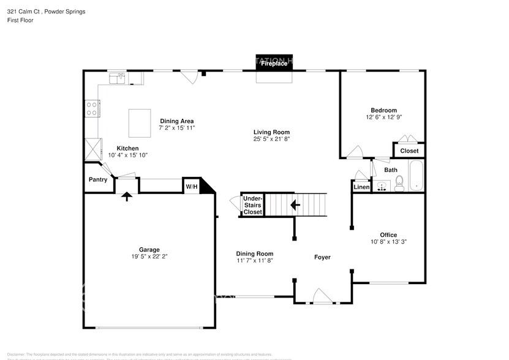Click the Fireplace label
(x=274, y=63)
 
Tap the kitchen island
(x=140, y=123)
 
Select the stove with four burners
(x=91, y=109)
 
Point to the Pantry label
(x=98, y=179)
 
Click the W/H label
(x=190, y=186)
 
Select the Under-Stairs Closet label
(x=252, y=205)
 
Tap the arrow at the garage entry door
(x=127, y=197)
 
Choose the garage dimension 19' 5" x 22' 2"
(x=149, y=257)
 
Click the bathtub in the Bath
(x=416, y=176)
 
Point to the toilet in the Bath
(x=399, y=183)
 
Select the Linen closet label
(x=361, y=187)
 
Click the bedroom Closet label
(x=409, y=151)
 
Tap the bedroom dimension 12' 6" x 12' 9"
(x=384, y=117)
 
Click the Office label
(x=388, y=234)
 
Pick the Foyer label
(x=322, y=257)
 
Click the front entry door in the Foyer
(x=321, y=297)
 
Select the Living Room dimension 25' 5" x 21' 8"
(x=271, y=139)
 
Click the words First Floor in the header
(x=20, y=20)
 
